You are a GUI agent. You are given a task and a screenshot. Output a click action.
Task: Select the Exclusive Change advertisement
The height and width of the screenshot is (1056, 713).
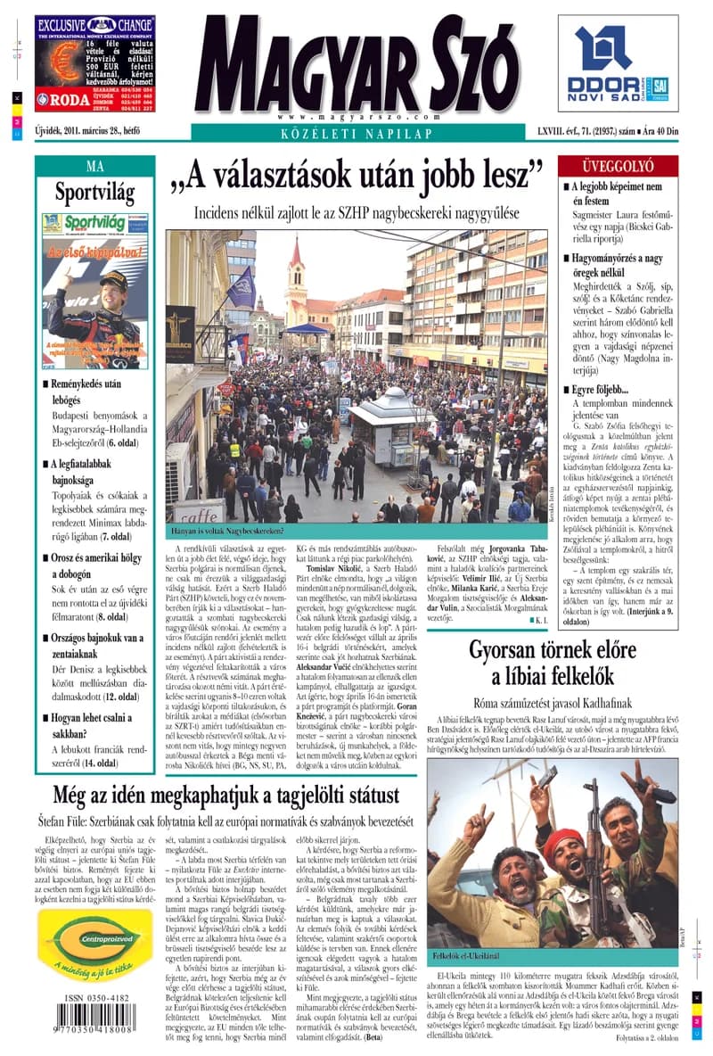pyautogui.click(x=94, y=63)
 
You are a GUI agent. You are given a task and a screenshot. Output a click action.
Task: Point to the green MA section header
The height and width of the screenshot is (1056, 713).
pyautogui.click(x=94, y=166)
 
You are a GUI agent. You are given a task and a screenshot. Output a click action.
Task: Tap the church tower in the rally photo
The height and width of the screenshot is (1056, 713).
pyautogui.click(x=296, y=272)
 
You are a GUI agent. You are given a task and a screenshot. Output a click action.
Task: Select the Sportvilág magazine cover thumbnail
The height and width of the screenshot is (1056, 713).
pyautogui.click(x=94, y=291)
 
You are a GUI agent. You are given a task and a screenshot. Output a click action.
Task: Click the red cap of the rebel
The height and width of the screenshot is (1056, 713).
pyautogui.click(x=562, y=839)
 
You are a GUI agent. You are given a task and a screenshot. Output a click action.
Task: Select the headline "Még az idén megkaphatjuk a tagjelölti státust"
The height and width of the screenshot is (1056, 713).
pyautogui.click(x=225, y=794)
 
